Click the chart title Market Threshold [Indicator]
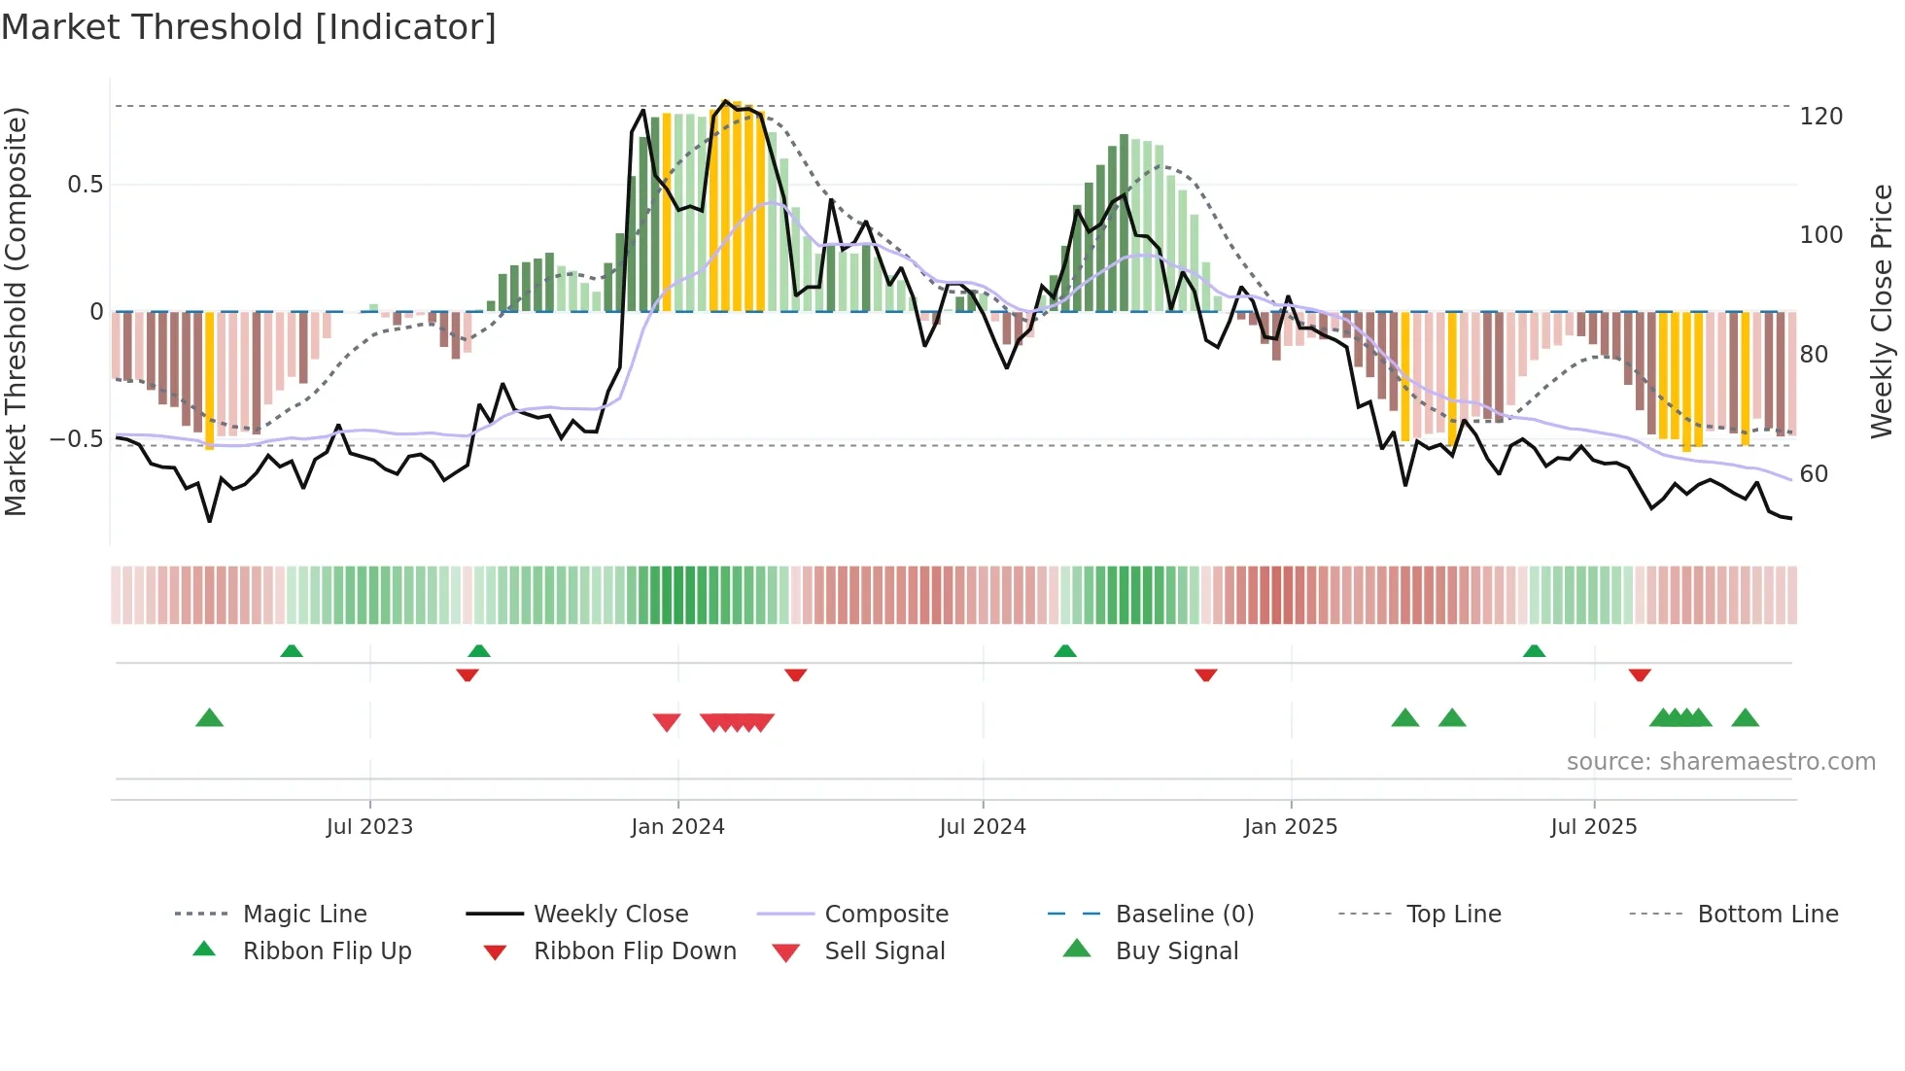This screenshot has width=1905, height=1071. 249,27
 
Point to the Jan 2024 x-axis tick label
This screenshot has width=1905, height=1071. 677,827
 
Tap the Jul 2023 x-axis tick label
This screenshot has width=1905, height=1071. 369,827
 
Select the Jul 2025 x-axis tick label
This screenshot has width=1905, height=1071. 1594,827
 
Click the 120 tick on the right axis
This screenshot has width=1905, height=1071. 1820,117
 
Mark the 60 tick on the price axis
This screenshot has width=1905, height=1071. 1814,474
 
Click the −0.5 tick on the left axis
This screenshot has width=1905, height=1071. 76,439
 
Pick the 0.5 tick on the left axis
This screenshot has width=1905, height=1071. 85,185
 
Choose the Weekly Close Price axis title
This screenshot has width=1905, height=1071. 1883,311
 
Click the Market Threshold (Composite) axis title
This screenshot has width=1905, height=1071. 16,311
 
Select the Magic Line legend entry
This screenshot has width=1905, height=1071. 304,915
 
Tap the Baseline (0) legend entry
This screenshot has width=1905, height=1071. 1184,915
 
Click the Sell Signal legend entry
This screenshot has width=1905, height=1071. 883,951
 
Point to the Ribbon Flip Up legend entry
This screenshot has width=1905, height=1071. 327,951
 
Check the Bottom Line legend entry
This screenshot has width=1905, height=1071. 1767,915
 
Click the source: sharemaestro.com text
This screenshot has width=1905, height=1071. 1720,762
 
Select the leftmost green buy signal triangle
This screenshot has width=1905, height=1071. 210,719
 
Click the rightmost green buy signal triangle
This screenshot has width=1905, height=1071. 1745,719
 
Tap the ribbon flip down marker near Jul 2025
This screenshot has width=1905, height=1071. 1640,674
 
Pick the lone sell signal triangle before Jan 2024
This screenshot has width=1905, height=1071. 667,722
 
